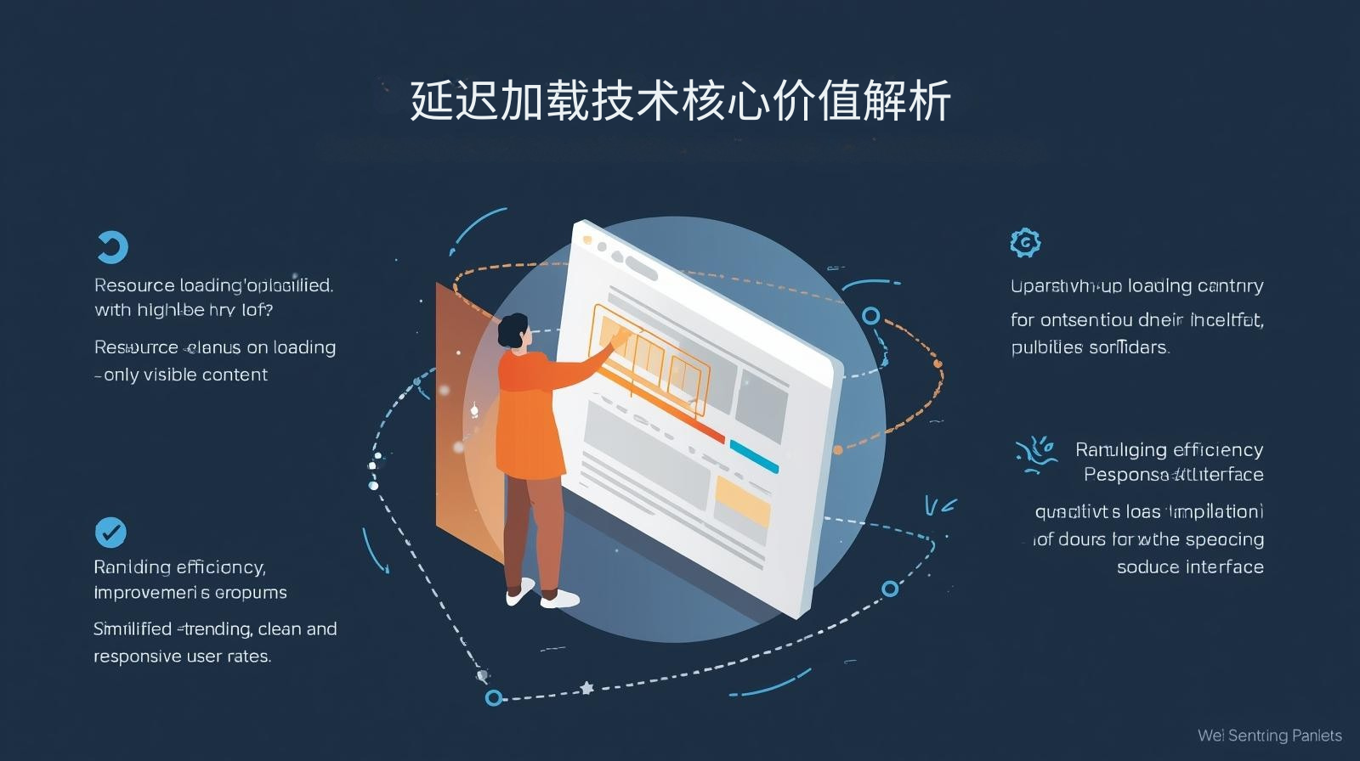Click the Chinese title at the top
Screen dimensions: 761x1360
point(680,101)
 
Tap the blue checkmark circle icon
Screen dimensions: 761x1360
point(110,533)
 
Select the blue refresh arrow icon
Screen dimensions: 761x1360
point(111,247)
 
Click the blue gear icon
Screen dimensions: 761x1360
point(1025,243)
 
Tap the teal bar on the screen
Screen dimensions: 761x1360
point(754,457)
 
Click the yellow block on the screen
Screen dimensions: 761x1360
point(742,500)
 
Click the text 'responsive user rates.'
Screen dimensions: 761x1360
point(182,657)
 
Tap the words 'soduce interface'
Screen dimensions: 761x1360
point(1189,567)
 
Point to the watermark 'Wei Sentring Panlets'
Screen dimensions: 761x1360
point(1269,736)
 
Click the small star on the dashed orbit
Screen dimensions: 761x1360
point(586,687)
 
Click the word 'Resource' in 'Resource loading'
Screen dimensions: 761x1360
point(134,285)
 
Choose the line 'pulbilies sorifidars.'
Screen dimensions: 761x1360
point(1090,347)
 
